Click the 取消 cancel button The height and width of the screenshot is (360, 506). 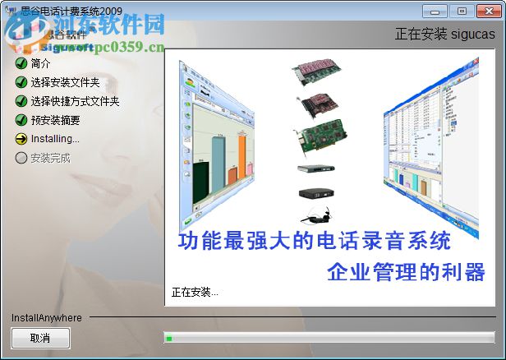[x=40, y=338]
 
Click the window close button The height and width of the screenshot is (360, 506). [x=486, y=11]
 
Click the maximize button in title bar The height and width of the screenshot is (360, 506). [x=460, y=11]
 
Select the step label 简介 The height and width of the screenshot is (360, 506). [x=40, y=63]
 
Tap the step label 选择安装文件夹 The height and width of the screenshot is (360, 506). [x=66, y=82]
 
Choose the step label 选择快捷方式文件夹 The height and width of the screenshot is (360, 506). [x=75, y=101]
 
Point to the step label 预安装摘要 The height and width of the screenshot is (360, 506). [x=55, y=120]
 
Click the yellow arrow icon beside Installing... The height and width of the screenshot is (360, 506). [x=21, y=139]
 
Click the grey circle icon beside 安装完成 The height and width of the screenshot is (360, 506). [x=21, y=158]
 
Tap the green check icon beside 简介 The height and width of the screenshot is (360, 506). [x=21, y=63]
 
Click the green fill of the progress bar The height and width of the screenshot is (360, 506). [x=169, y=338]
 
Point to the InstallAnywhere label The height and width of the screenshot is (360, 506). [x=47, y=317]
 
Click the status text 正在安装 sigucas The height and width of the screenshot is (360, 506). [x=444, y=35]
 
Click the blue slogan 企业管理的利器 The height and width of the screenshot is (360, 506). [x=406, y=273]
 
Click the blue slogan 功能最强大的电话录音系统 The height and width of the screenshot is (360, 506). [x=315, y=242]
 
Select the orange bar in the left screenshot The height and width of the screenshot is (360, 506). [x=242, y=159]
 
